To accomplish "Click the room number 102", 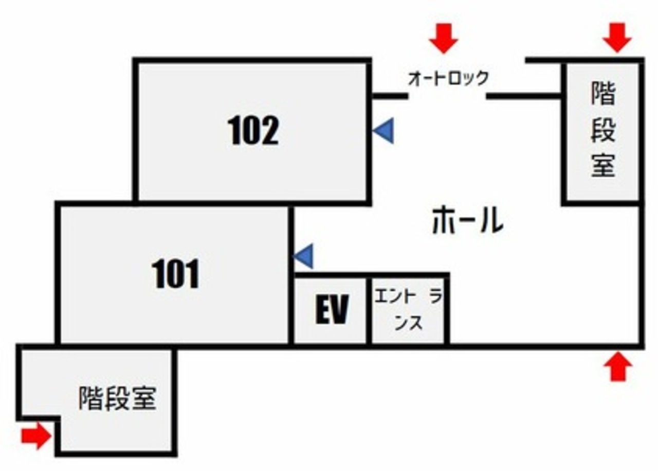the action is (x=253, y=130).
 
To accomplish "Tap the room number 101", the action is (x=176, y=274).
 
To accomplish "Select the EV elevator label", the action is (x=332, y=309).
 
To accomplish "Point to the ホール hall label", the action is (x=468, y=220).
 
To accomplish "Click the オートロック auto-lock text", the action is (x=448, y=78).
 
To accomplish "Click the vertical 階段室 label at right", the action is (x=603, y=129).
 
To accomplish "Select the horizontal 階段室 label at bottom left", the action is (x=117, y=398).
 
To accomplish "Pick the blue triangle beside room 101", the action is (x=303, y=256).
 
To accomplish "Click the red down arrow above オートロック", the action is (x=444, y=39).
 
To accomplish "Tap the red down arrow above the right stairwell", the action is (x=617, y=38).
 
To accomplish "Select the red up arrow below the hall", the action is (x=618, y=367).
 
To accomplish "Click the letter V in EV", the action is (x=340, y=309).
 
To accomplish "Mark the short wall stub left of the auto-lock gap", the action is (x=390, y=96).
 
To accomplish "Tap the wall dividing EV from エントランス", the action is (x=369, y=311).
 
